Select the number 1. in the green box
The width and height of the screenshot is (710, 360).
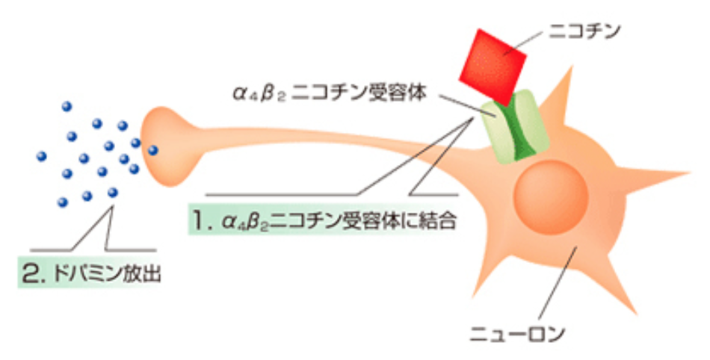pyautogui.click(x=200, y=222)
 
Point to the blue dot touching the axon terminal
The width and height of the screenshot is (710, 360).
pyautogui.click(x=152, y=150)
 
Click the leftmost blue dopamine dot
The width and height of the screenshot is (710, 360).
pyautogui.click(x=42, y=157)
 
